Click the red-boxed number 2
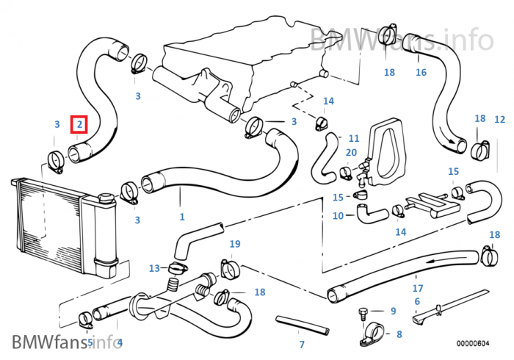(x=79, y=125)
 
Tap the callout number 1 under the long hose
(x=182, y=217)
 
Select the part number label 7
(x=302, y=344)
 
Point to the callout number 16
(x=421, y=72)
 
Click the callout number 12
(x=499, y=119)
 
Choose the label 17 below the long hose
(x=417, y=287)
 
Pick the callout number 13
(x=154, y=267)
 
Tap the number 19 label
(x=235, y=244)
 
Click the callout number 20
(x=351, y=152)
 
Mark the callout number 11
(x=354, y=138)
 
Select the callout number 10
(x=338, y=216)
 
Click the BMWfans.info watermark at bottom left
(x=66, y=342)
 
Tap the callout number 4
(x=120, y=342)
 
